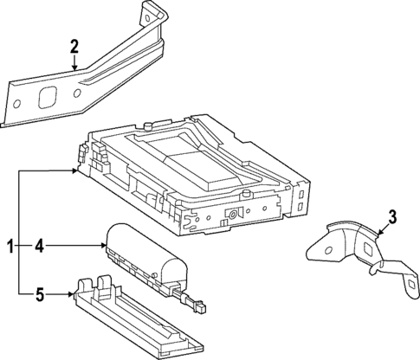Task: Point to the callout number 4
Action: click(38, 247)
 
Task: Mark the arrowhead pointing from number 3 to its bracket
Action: click(378, 234)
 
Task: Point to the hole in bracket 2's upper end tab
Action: click(151, 12)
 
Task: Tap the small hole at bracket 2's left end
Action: click(14, 106)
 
